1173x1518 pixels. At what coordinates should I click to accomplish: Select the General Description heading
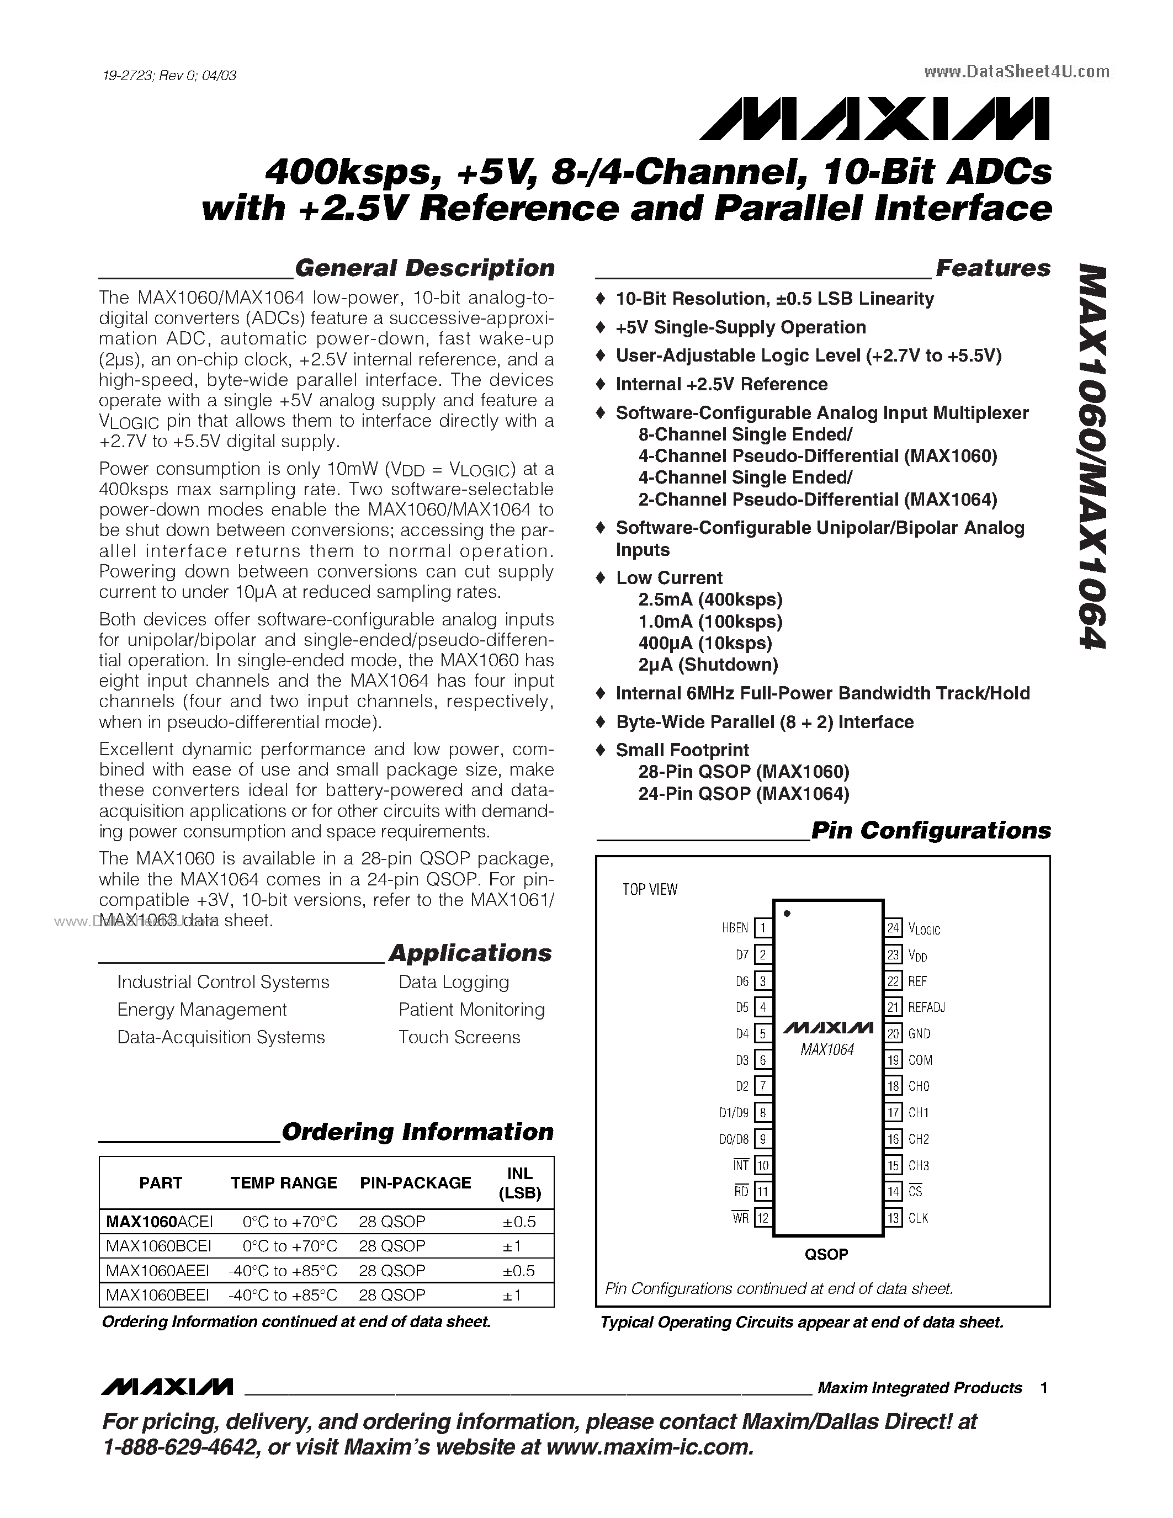[x=424, y=268]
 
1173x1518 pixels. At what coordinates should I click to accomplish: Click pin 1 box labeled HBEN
[x=763, y=928]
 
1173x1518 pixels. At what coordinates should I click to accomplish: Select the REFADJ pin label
[x=926, y=1007]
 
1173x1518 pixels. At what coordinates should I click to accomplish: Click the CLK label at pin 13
[x=918, y=1218]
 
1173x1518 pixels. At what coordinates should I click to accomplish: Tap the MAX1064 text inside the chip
[x=827, y=1050]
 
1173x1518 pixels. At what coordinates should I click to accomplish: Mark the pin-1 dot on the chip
[x=787, y=914]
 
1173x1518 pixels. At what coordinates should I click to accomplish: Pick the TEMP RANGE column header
[x=284, y=1183]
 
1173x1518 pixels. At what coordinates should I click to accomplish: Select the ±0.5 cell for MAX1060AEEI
[x=518, y=1271]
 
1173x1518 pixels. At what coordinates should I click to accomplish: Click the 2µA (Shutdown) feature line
[x=708, y=665]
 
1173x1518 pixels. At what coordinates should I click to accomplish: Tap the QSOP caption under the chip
[x=826, y=1255]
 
